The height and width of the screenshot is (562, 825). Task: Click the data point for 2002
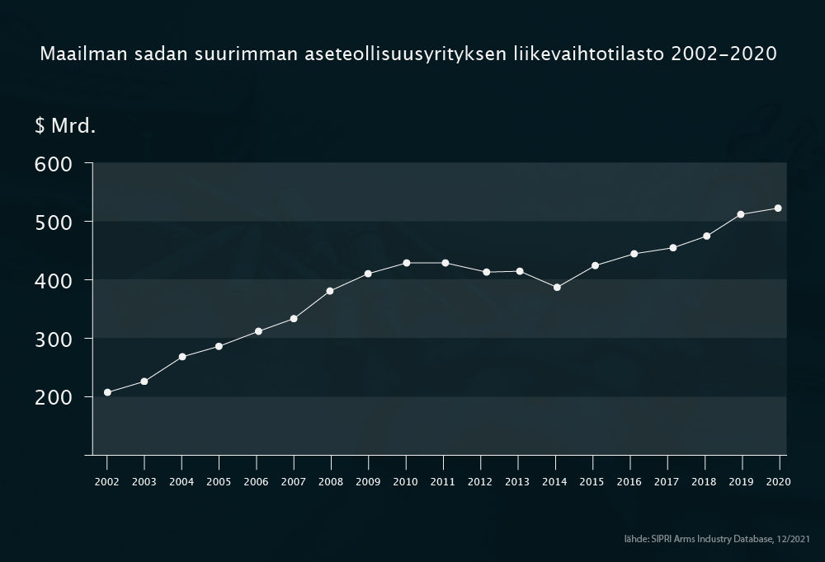tap(107, 392)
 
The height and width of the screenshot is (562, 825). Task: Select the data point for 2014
tap(557, 288)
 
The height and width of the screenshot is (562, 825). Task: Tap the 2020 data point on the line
tap(778, 208)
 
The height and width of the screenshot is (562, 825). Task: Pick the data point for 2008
tap(330, 291)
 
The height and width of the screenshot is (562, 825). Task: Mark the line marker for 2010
tap(406, 263)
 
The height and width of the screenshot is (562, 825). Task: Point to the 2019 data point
tap(741, 214)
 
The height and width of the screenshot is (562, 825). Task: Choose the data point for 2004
tap(182, 357)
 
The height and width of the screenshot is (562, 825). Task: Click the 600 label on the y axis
tap(54, 163)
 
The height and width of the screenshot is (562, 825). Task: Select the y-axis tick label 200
tap(54, 397)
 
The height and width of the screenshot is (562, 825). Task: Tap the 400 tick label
tap(54, 280)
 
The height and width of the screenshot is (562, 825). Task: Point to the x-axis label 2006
tap(256, 482)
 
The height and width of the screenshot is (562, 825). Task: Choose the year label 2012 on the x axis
tap(480, 482)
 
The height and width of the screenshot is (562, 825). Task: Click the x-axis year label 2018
tap(704, 482)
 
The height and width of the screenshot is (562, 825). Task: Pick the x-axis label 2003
tap(144, 482)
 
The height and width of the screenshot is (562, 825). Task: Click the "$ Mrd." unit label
tap(65, 126)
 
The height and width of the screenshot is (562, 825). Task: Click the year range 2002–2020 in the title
tap(724, 55)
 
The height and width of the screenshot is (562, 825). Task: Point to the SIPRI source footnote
tap(717, 538)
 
